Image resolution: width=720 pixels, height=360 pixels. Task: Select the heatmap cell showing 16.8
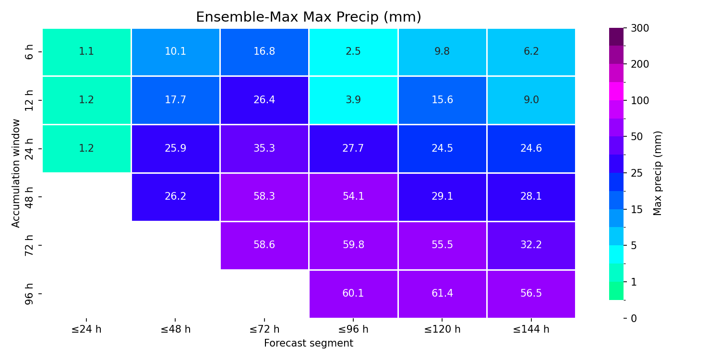(x=264, y=52)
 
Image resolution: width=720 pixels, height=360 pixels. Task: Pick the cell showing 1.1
(x=86, y=52)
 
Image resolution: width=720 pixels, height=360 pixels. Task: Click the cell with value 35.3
(x=264, y=149)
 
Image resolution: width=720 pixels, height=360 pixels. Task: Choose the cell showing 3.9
(x=353, y=100)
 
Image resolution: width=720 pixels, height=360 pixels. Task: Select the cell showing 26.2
(x=176, y=197)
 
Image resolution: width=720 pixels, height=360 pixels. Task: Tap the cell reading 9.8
(x=442, y=52)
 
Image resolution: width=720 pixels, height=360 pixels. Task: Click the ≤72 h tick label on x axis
(x=264, y=329)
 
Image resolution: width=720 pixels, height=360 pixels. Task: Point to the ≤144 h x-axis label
(x=531, y=329)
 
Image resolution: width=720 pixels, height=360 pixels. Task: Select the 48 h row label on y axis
(x=29, y=197)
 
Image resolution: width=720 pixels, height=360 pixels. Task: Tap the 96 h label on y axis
(x=29, y=294)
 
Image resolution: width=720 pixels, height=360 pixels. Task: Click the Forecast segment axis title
(x=309, y=343)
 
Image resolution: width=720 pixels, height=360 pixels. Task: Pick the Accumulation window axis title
(x=15, y=173)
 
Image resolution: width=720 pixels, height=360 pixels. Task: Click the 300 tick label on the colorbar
(x=640, y=28)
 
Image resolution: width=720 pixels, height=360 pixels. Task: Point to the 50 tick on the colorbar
(x=636, y=137)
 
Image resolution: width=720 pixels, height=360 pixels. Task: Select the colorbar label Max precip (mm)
(x=658, y=173)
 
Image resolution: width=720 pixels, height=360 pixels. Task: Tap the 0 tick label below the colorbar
(x=634, y=319)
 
